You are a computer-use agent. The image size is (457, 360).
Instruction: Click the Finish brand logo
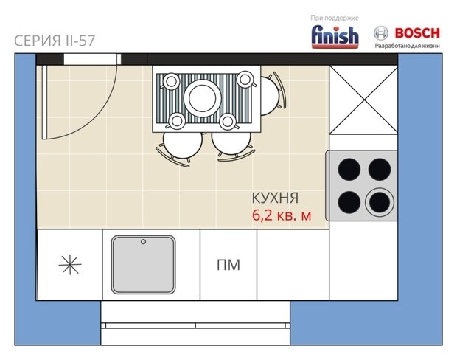(335, 37)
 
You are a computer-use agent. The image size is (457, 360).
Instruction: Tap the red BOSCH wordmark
(417, 33)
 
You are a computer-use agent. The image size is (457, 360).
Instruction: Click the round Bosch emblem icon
(381, 33)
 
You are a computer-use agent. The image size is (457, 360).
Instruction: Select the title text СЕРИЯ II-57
(55, 41)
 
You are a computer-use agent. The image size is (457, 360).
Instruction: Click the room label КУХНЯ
(275, 198)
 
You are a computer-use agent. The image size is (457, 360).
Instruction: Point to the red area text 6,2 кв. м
(282, 215)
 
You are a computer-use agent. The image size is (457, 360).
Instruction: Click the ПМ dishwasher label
(228, 265)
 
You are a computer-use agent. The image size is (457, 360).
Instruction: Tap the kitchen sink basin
(144, 265)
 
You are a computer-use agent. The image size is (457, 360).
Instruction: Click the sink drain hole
(144, 241)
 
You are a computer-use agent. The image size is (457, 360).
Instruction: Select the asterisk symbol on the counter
(70, 265)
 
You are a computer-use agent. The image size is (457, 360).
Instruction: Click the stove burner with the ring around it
(380, 202)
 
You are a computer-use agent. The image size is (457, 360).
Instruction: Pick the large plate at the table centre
(202, 98)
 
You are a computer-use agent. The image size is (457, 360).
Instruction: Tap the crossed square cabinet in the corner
(363, 100)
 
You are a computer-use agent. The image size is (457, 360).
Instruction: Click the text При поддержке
(335, 18)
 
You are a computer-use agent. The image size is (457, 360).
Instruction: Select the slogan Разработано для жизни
(407, 46)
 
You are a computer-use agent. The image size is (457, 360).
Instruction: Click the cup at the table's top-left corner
(171, 81)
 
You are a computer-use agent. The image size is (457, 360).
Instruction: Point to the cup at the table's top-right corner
(245, 80)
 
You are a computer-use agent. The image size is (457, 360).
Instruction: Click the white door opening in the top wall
(92, 59)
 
